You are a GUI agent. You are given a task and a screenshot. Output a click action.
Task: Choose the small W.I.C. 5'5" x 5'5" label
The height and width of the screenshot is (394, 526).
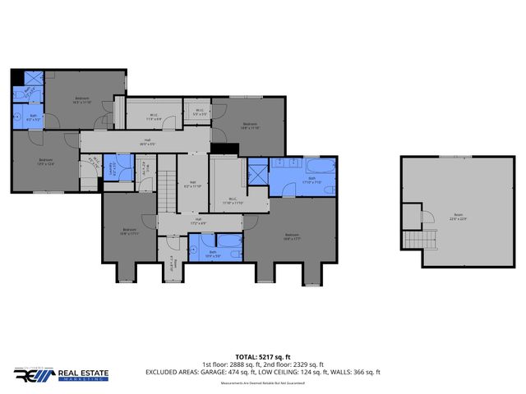click(x=201, y=112)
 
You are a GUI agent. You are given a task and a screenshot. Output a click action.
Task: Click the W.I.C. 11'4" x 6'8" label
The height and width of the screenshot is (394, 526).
click(x=154, y=117)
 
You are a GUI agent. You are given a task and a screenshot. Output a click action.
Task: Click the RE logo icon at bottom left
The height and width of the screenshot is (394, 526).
click(x=34, y=375)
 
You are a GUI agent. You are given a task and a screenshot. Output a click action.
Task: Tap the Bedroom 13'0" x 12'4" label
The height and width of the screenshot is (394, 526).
click(x=45, y=162)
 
